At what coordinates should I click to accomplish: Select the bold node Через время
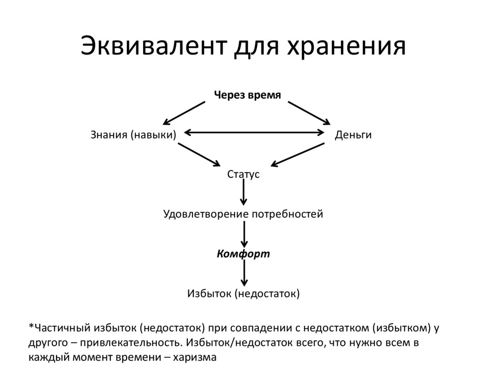(x=247, y=95)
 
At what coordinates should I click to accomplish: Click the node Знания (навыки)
(x=133, y=135)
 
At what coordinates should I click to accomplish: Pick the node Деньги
(x=353, y=135)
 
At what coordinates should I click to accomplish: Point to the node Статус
(x=243, y=174)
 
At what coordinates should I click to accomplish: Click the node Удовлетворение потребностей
(x=243, y=214)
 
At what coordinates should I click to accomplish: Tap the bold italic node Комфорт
(x=243, y=254)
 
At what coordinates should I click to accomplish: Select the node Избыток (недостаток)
(x=243, y=294)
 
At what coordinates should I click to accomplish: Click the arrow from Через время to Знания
(x=184, y=112)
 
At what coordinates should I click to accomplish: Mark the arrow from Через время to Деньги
(x=309, y=112)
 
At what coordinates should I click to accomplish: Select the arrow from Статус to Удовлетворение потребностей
(x=244, y=193)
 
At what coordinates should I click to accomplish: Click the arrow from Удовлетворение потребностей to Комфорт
(x=244, y=233)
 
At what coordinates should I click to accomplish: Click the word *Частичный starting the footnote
(x=59, y=328)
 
